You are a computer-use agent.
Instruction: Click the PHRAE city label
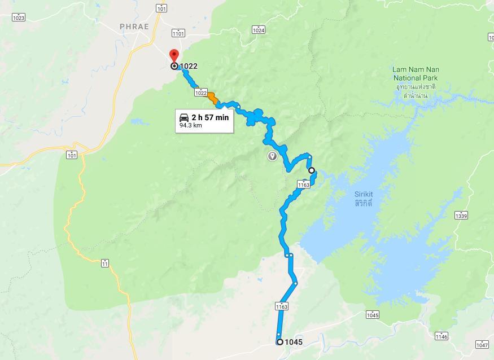click(x=134, y=27)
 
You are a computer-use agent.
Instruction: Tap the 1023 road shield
click(x=19, y=17)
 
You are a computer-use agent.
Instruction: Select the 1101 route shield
click(x=178, y=33)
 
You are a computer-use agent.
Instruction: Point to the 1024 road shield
click(x=259, y=30)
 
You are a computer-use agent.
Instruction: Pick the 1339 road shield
click(x=461, y=216)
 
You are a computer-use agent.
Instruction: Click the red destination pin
click(x=174, y=56)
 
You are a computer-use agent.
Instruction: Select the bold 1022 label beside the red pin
click(x=189, y=66)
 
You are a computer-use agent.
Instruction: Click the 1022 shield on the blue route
click(x=200, y=93)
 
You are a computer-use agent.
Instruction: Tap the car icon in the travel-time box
click(x=184, y=117)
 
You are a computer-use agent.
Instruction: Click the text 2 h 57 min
click(x=210, y=117)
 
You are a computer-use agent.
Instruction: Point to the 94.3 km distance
click(x=191, y=126)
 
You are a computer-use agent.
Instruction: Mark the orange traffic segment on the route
click(x=213, y=99)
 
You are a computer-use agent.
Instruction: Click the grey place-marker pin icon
click(x=272, y=156)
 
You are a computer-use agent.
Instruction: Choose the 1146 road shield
click(x=441, y=336)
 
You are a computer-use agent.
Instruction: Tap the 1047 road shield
click(x=482, y=345)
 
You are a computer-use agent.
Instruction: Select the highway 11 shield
click(x=106, y=264)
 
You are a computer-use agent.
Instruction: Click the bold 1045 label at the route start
click(x=294, y=342)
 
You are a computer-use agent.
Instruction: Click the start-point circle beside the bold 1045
click(x=279, y=342)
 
